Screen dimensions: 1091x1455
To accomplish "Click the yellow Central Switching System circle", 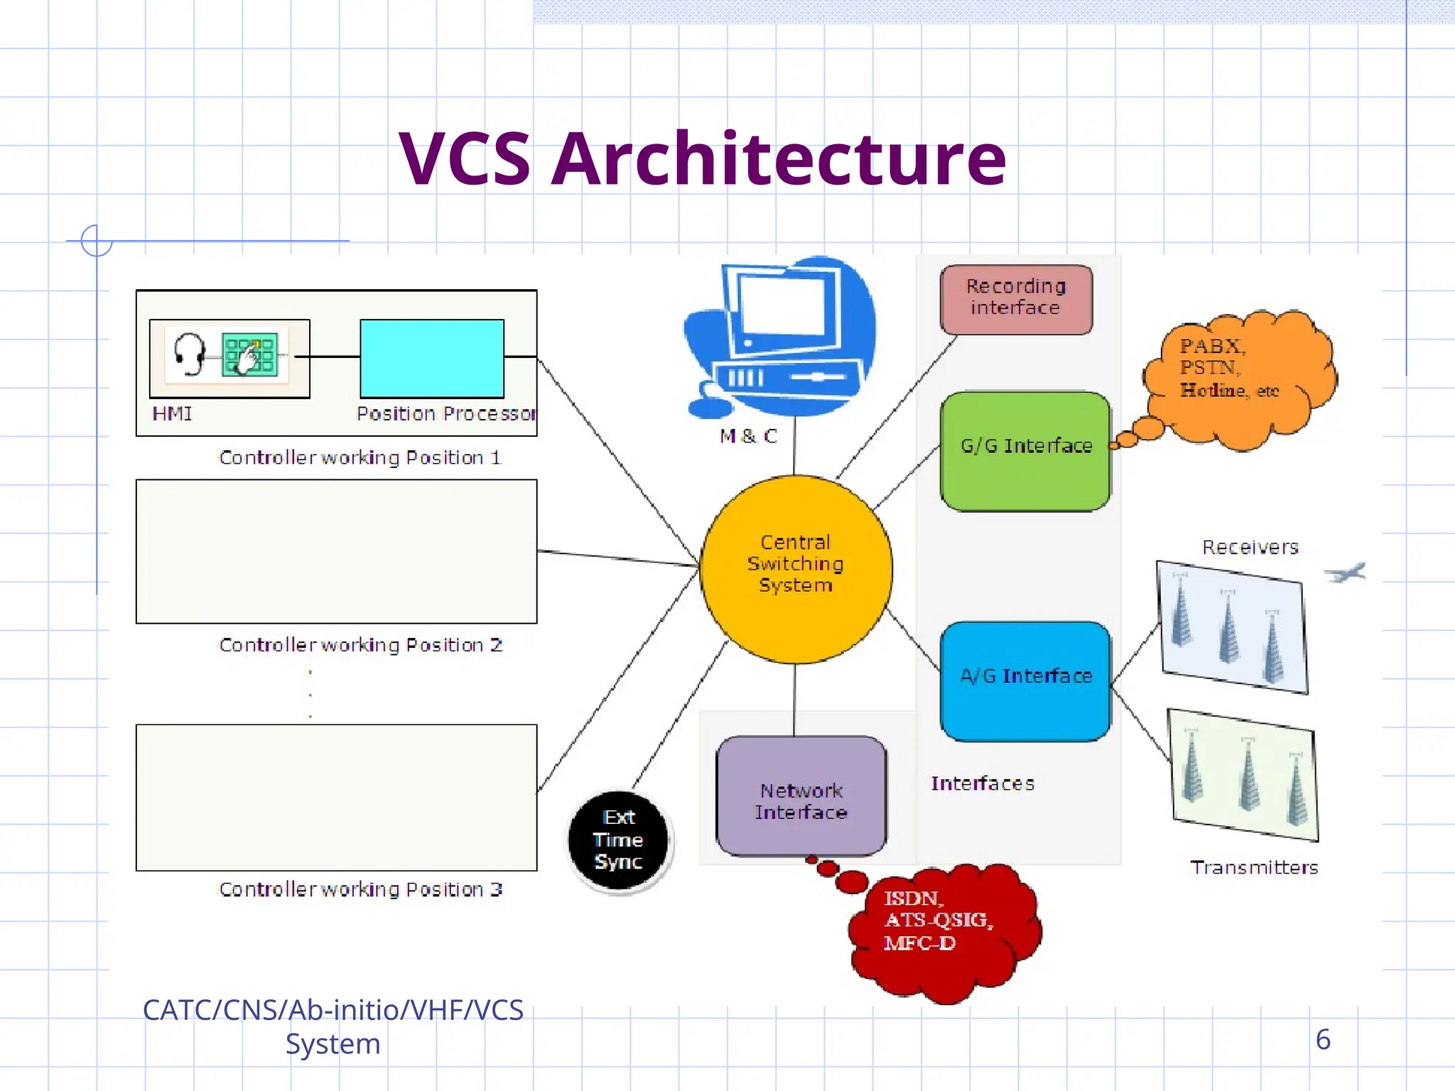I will point(796,568).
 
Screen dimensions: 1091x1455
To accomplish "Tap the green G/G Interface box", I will point(1025,450).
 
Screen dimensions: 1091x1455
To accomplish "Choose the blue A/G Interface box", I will point(1025,680).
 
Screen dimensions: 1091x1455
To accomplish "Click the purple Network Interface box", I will point(801,796).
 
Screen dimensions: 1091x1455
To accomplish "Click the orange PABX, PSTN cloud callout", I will point(1240,376).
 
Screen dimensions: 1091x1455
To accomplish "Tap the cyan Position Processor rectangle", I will point(432,358).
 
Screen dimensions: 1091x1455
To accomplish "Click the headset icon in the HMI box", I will point(189,353).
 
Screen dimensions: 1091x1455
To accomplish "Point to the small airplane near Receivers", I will point(1345,572).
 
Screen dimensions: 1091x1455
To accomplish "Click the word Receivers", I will point(1250,547).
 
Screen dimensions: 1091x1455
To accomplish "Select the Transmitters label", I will point(1254,867).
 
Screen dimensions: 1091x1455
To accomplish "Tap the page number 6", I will point(1322,1039).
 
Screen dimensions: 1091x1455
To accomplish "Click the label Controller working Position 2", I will point(360,645).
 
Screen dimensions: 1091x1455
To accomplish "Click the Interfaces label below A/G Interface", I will point(983,783).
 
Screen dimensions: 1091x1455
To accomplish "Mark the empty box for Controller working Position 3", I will point(336,797).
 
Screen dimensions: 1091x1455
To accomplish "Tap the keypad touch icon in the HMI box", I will point(249,354).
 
